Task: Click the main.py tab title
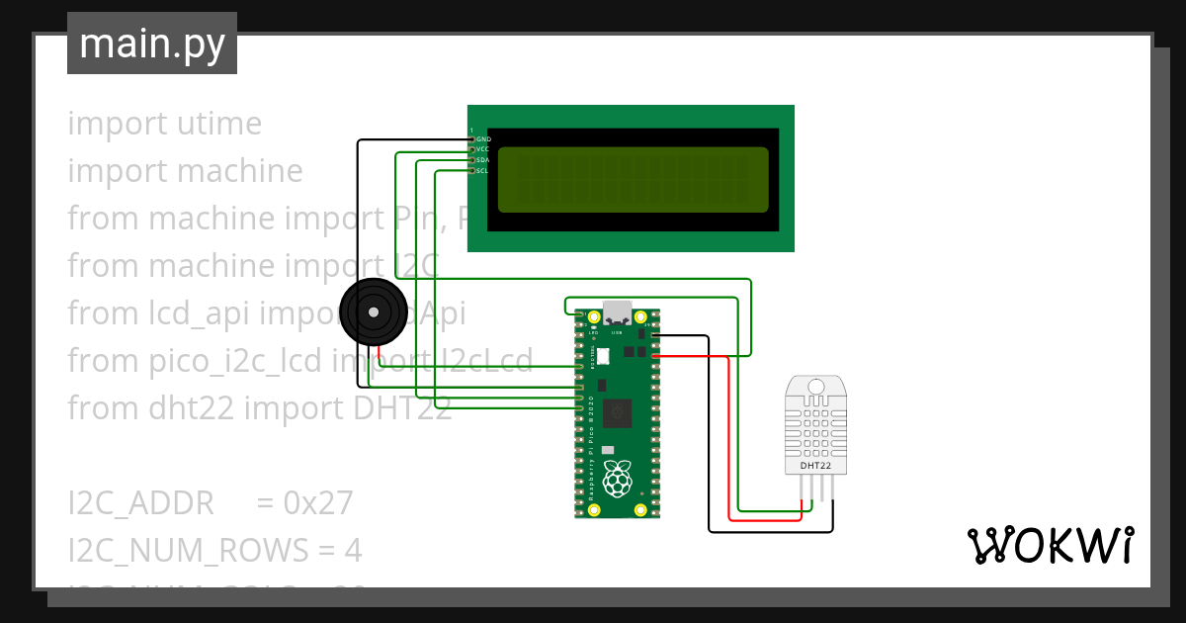[151, 44]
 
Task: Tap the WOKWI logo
[1050, 545]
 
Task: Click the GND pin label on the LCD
[483, 139]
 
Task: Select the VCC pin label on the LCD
[483, 149]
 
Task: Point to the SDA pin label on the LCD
[483, 160]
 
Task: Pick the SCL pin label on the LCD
[483, 171]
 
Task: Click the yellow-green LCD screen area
[633, 180]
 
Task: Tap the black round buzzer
[373, 312]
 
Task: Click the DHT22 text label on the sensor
[815, 465]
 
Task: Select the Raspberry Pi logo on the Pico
[618, 479]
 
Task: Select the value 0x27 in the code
[318, 503]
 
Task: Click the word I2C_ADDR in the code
[140, 503]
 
